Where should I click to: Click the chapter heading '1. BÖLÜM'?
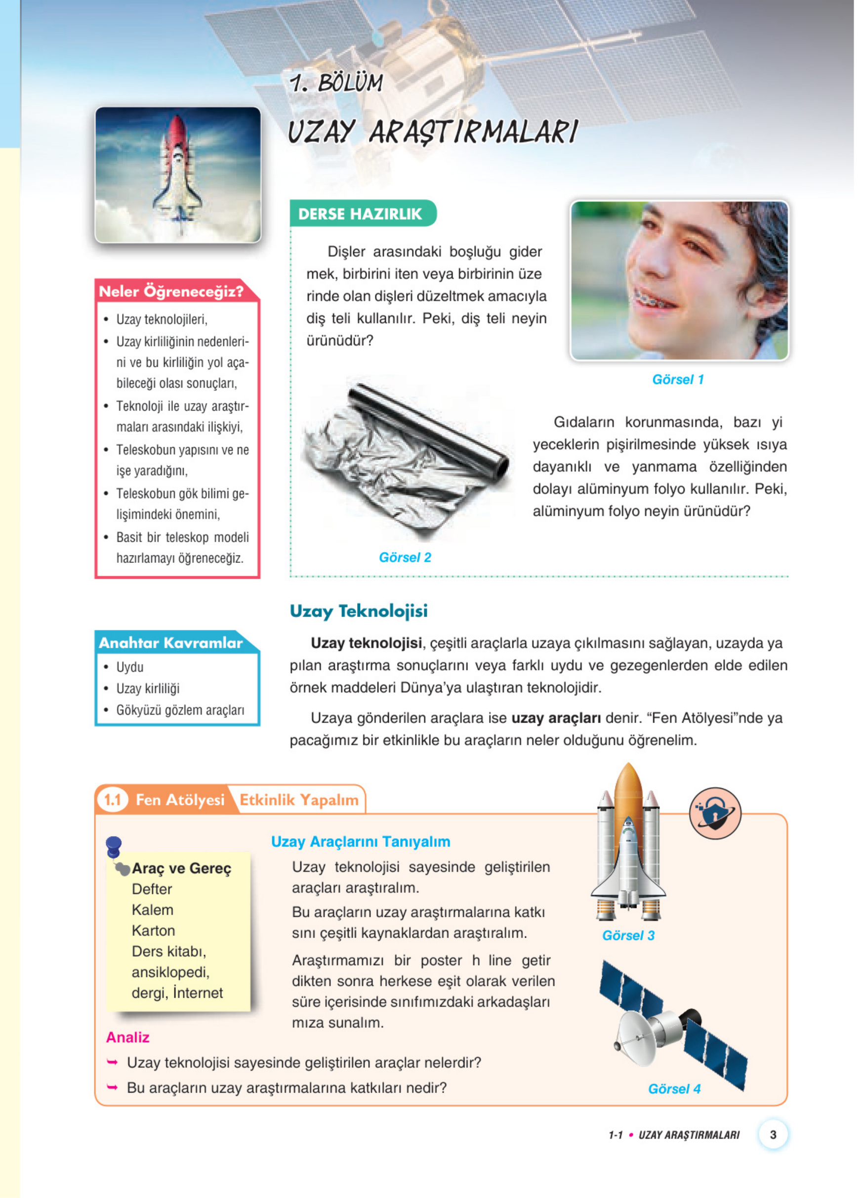[x=336, y=83]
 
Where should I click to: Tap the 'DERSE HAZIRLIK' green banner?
[x=361, y=214]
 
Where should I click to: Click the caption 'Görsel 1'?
[x=678, y=379]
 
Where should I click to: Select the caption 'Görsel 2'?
[x=405, y=557]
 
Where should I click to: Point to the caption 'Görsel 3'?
[x=628, y=936]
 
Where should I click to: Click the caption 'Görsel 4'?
[x=674, y=1089]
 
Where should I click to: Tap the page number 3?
[x=773, y=1134]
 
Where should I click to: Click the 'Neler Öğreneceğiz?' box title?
[x=171, y=291]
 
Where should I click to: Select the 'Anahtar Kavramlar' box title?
[x=170, y=642]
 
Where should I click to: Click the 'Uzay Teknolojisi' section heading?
[x=359, y=611]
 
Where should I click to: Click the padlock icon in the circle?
[x=715, y=813]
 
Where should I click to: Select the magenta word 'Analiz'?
[x=128, y=1037]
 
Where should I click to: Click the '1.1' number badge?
[x=113, y=800]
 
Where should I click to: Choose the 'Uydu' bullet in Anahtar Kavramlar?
[x=130, y=667]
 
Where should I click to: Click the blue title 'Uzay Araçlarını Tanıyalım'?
[x=361, y=842]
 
